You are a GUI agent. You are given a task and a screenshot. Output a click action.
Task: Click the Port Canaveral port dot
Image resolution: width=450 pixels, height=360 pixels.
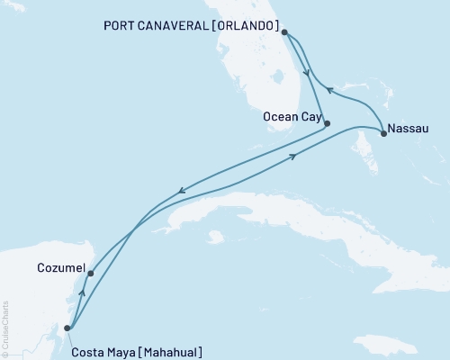coord(283,32)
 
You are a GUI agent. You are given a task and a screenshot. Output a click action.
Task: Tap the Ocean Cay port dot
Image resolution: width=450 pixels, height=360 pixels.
coord(327,123)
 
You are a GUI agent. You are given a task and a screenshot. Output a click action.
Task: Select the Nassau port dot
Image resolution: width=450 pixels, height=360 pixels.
coord(384,134)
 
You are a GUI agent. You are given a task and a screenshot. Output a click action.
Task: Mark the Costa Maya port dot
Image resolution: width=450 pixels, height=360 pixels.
coord(67,328)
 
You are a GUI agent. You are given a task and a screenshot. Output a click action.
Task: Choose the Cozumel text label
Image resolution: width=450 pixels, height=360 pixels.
coord(61,268)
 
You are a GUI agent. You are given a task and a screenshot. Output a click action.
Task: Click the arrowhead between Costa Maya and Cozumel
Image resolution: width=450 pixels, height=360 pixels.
coord(83,292)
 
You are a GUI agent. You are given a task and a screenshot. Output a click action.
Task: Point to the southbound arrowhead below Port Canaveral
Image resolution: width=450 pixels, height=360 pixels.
coord(308,74)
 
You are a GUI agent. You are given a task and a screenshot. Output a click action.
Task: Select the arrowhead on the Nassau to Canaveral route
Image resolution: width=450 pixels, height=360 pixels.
coord(329,89)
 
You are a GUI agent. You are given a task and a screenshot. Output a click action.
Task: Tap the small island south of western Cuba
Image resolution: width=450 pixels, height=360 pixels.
coord(213,238)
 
